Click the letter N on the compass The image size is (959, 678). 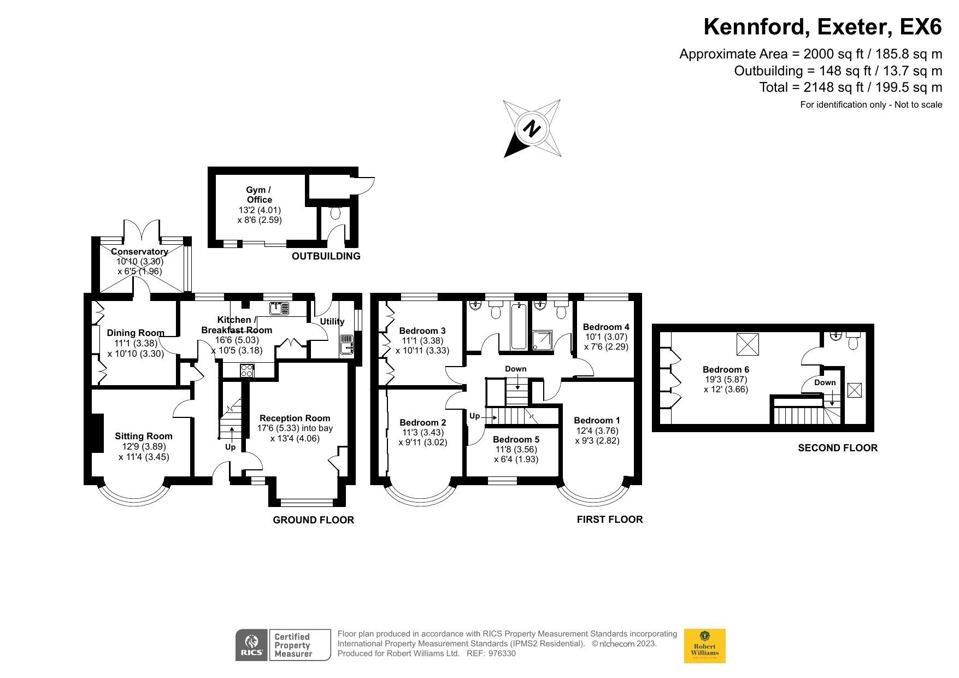click(532, 129)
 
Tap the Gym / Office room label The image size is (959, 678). click(259, 195)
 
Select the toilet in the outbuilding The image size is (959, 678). click(336, 213)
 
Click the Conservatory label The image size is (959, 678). click(139, 252)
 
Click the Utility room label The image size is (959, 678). click(332, 322)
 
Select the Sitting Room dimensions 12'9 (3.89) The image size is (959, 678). click(144, 446)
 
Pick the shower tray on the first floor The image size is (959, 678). click(542, 340)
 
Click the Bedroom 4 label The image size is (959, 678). click(606, 327)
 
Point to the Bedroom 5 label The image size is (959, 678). click(516, 439)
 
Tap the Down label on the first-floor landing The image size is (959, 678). click(515, 369)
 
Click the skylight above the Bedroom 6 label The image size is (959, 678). click(748, 344)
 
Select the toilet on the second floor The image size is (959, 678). click(853, 341)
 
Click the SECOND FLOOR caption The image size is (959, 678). click(837, 448)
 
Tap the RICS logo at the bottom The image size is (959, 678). click(251, 645)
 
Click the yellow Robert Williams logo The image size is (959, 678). click(704, 646)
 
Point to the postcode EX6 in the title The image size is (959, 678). click(919, 27)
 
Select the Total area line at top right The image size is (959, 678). click(850, 87)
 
